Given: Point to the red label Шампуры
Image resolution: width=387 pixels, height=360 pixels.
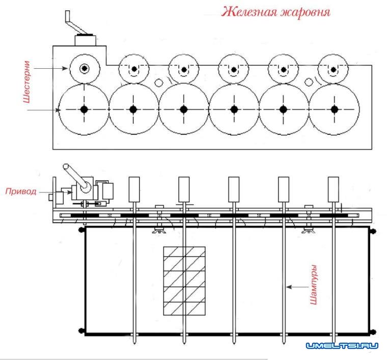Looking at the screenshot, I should [314, 285].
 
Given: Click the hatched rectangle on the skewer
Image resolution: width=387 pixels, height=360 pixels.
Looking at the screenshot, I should [184, 281].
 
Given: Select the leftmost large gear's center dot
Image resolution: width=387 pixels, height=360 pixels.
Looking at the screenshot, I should [84, 109].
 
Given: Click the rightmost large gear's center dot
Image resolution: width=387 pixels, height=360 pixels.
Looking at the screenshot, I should [334, 109].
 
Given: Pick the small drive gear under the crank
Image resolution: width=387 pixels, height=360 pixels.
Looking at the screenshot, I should [84, 68].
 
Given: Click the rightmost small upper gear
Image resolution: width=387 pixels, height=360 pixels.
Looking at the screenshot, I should [333, 69].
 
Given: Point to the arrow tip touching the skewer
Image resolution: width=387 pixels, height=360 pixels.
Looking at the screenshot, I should [287, 287].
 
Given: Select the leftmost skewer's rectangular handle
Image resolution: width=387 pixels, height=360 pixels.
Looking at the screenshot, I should [134, 189].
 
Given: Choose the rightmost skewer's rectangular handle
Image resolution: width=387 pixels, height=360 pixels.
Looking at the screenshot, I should [334, 189].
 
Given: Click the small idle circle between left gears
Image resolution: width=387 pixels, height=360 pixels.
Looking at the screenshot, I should [159, 82].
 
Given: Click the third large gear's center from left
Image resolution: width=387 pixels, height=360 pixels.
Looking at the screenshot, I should [184, 109].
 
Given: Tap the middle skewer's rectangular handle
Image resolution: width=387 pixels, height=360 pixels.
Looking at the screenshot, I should [234, 189].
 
